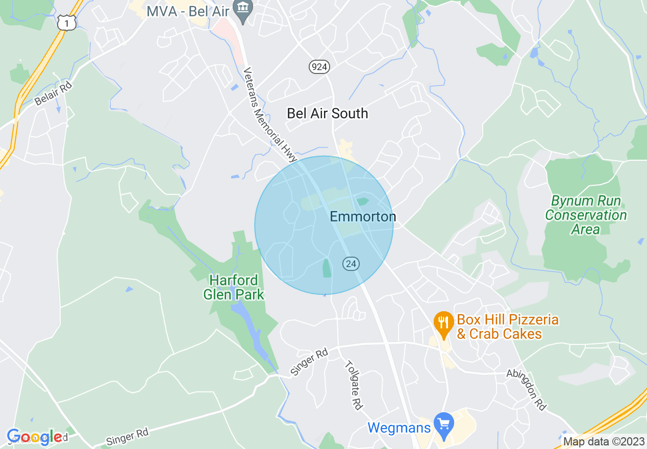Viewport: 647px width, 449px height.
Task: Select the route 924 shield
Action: click(x=319, y=66)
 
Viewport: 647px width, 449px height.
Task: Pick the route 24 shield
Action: click(x=351, y=264)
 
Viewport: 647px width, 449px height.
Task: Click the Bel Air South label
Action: click(x=327, y=113)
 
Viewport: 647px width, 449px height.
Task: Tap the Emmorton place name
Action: click(x=363, y=217)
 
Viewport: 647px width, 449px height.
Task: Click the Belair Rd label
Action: click(x=54, y=92)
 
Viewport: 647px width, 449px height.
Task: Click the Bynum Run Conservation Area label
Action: click(x=586, y=215)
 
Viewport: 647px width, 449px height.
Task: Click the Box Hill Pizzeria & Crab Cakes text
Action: click(x=507, y=327)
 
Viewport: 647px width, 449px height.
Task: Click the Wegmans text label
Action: click(x=399, y=428)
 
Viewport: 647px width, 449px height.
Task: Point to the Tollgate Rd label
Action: click(x=354, y=385)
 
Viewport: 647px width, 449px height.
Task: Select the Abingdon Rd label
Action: click(x=526, y=390)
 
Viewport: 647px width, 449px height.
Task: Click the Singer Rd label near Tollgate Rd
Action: click(x=309, y=362)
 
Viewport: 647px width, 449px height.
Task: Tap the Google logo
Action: click(x=35, y=437)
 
